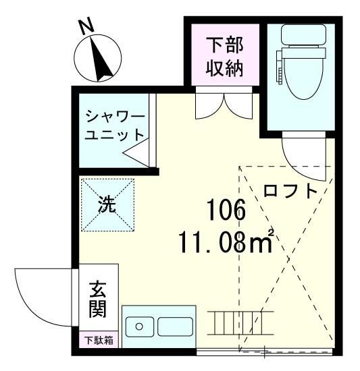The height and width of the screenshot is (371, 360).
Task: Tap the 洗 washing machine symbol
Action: [107, 204]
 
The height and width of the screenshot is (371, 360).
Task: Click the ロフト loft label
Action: [290, 191]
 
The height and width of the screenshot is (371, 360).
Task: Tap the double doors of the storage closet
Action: [224, 105]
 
